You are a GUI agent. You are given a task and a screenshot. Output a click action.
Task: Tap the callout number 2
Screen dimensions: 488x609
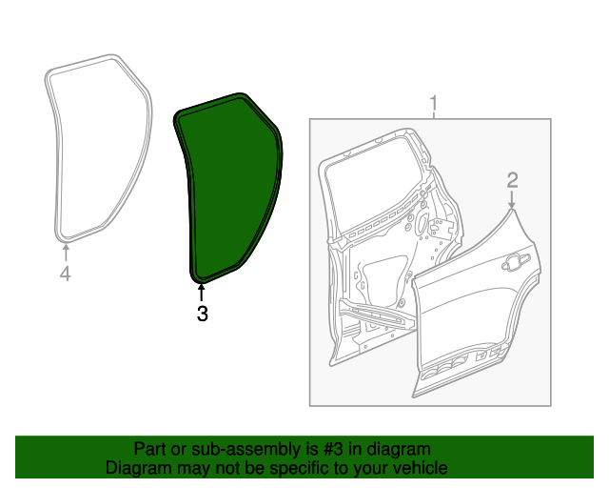pyautogui.click(x=512, y=179)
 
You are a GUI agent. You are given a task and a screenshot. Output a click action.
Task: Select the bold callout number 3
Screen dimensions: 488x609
pyautogui.click(x=202, y=312)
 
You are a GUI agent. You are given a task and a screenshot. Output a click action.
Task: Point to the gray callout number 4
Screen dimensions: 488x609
pyautogui.click(x=65, y=274)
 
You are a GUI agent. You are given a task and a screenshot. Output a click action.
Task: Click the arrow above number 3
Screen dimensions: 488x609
pyautogui.click(x=201, y=290)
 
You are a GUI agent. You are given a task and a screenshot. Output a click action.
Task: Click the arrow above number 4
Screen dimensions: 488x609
pyautogui.click(x=65, y=252)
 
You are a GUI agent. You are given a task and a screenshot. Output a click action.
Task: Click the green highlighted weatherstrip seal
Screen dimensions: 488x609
pyautogui.click(x=228, y=191)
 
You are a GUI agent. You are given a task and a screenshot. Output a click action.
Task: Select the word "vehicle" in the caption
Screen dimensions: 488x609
pyautogui.click(x=419, y=468)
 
